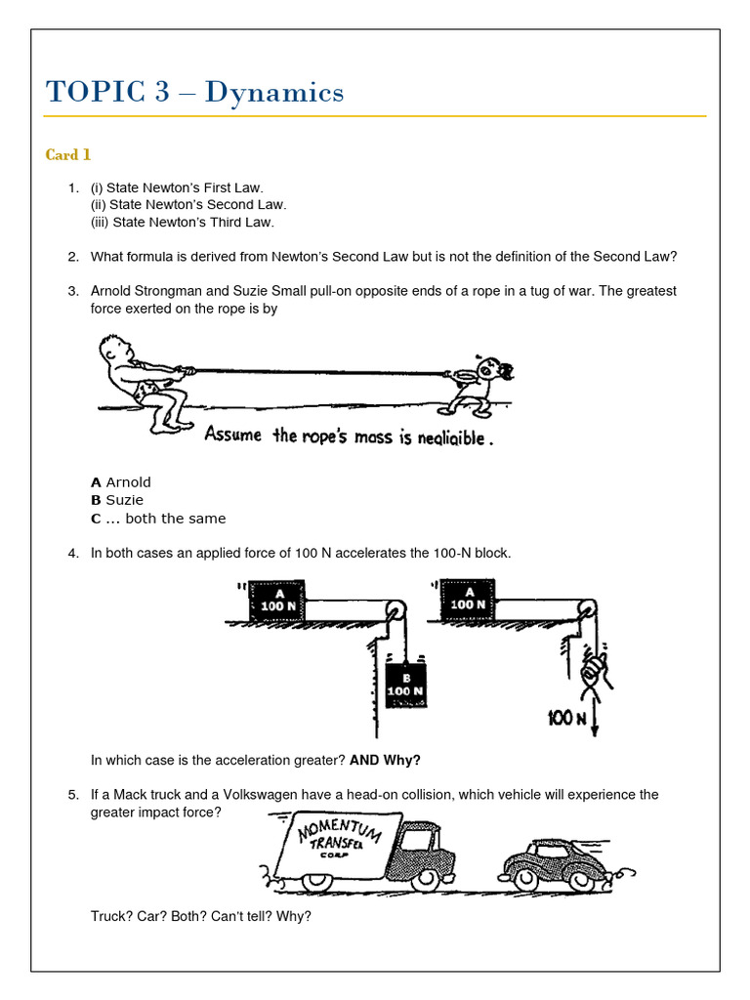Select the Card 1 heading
click(68, 154)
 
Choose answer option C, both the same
click(157, 519)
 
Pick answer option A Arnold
click(121, 482)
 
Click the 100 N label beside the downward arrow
click(565, 719)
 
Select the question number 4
click(73, 554)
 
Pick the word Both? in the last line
click(184, 917)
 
